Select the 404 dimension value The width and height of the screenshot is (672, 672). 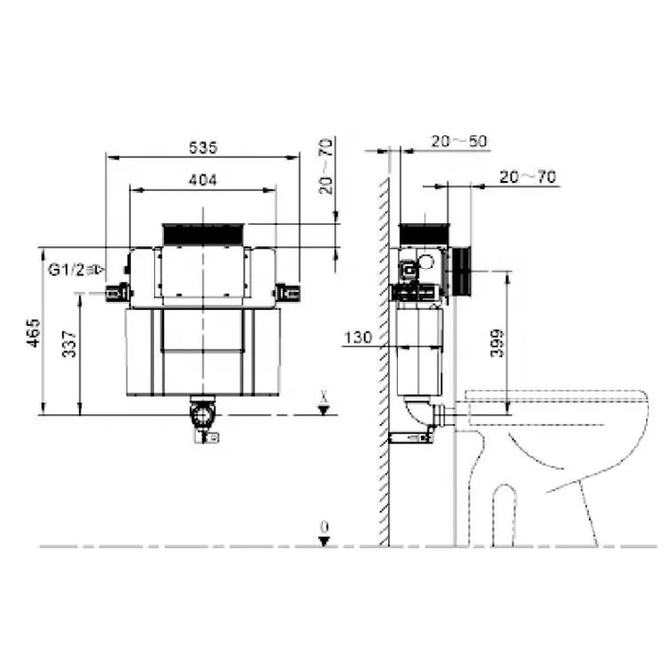coord(202,178)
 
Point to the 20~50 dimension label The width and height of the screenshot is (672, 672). coord(458,142)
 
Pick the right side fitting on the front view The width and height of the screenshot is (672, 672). coord(287,292)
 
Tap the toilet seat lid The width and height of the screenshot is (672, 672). coord(556,401)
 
